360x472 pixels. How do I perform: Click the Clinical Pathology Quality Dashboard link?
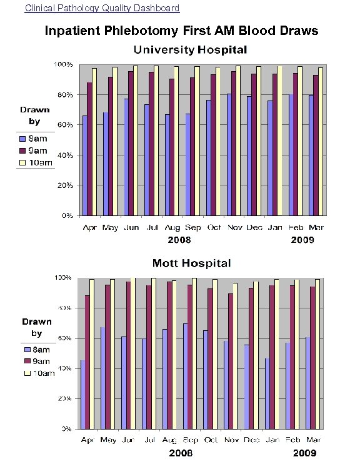pos(102,8)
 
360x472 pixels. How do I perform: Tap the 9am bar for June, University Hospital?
pos(131,144)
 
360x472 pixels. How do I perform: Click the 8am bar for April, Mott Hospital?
pos(83,395)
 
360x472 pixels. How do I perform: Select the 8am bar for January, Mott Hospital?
pos(267,393)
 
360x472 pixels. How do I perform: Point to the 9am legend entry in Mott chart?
pos(37,361)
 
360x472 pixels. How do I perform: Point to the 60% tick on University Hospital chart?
pos(66,125)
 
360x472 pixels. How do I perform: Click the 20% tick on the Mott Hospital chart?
pos(65,398)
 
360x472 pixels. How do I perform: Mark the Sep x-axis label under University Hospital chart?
pos(192,228)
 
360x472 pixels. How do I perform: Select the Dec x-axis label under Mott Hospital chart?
pos(253,441)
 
